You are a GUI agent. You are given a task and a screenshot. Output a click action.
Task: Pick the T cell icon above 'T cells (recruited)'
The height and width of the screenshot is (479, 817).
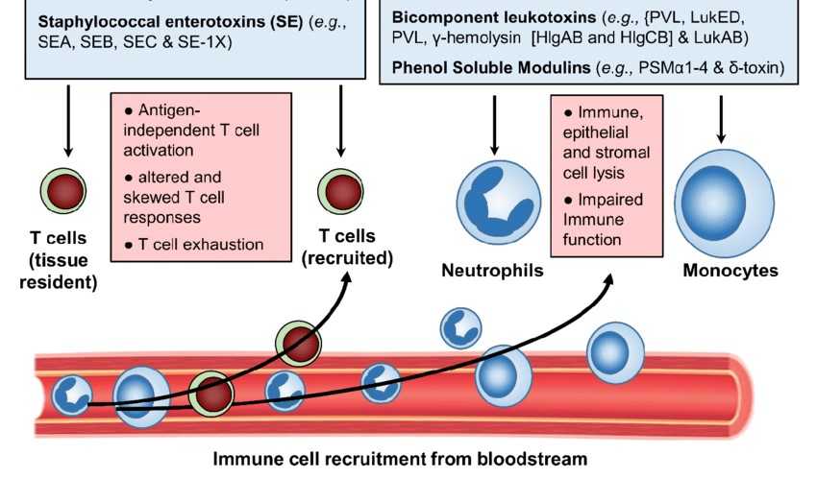pos(341,190)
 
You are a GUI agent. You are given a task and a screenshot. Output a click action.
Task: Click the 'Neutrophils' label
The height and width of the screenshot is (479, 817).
pos(492,271)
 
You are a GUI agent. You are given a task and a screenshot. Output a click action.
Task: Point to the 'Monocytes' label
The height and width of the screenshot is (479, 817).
pos(730,271)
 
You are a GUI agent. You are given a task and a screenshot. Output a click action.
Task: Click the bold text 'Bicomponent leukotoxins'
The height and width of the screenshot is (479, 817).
pos(485,17)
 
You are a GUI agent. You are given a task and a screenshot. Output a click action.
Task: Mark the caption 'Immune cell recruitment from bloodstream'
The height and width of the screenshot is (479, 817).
pos(399,459)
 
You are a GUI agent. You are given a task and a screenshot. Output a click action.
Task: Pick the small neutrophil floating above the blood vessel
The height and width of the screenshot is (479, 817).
pos(460,328)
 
